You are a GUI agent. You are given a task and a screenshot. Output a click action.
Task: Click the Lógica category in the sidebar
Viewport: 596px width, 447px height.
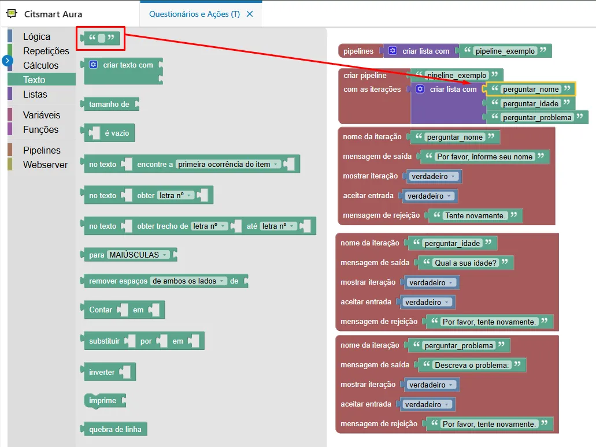pyautogui.click(x=36, y=36)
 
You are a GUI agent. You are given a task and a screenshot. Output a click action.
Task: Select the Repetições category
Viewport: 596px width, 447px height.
pyautogui.click(x=46, y=51)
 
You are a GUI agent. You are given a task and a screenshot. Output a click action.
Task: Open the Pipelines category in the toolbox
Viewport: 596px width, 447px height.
pyautogui.click(x=42, y=150)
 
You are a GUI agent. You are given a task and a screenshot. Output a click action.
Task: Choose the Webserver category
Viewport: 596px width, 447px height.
pyautogui.click(x=45, y=165)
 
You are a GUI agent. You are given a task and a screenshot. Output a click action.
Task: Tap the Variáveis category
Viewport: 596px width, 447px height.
pyautogui.click(x=42, y=115)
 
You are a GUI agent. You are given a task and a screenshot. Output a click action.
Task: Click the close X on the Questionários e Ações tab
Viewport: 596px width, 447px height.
pyautogui.click(x=250, y=14)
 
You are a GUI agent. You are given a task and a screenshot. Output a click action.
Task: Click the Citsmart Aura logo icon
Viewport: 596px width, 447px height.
pyautogui.click(x=12, y=14)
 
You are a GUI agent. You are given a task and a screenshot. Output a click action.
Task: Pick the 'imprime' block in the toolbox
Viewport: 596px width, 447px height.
pyautogui.click(x=104, y=401)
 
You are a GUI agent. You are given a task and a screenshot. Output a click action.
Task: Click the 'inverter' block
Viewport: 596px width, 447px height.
pyautogui.click(x=108, y=372)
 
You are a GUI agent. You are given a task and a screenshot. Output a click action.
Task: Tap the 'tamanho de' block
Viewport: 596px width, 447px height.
pyautogui.click(x=109, y=104)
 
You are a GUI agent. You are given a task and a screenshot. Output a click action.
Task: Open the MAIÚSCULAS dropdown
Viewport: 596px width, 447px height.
pyautogui.click(x=138, y=255)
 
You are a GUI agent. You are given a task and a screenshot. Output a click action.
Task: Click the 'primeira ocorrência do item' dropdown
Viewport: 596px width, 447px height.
pyautogui.click(x=228, y=165)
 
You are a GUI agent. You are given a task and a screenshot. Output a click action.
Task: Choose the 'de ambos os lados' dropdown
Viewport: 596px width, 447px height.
pyautogui.click(x=188, y=281)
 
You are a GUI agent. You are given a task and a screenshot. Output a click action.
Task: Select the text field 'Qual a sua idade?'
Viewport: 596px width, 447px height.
pyautogui.click(x=465, y=263)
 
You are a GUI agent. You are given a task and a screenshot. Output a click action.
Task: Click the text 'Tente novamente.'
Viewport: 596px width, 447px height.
pyautogui.click(x=475, y=216)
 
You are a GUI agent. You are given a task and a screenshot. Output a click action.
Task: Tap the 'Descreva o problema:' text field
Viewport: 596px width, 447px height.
pyautogui.click(x=472, y=366)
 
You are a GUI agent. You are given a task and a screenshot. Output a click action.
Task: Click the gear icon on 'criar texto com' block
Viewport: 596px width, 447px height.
pyautogui.click(x=93, y=65)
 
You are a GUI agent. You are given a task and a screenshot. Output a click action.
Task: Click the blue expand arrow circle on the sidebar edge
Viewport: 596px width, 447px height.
pyautogui.click(x=7, y=61)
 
